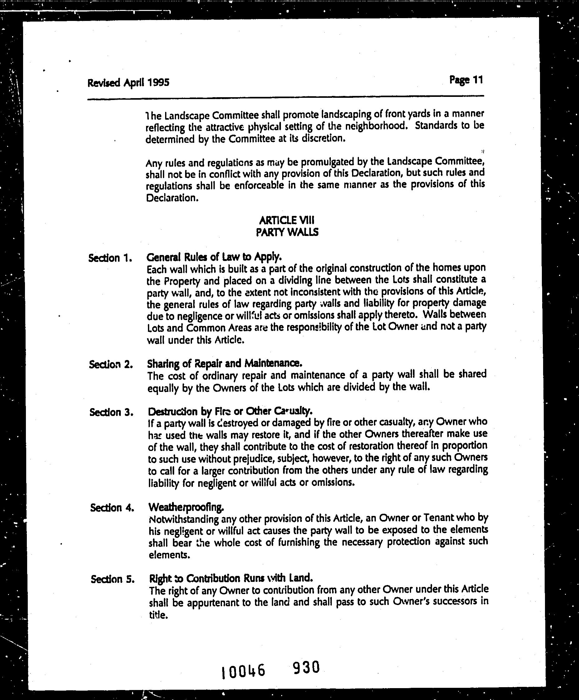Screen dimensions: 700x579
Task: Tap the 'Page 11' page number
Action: coord(466,80)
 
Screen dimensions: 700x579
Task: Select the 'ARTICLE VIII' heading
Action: coord(286,220)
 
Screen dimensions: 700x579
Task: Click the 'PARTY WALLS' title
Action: coord(287,232)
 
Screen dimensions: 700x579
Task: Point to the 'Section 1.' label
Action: coord(110,258)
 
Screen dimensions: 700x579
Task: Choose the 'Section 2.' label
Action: coord(111,364)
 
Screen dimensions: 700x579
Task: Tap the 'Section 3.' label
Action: coord(111,412)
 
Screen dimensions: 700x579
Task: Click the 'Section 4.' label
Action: coord(112,508)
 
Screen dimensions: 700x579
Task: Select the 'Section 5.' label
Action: coord(113,579)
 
